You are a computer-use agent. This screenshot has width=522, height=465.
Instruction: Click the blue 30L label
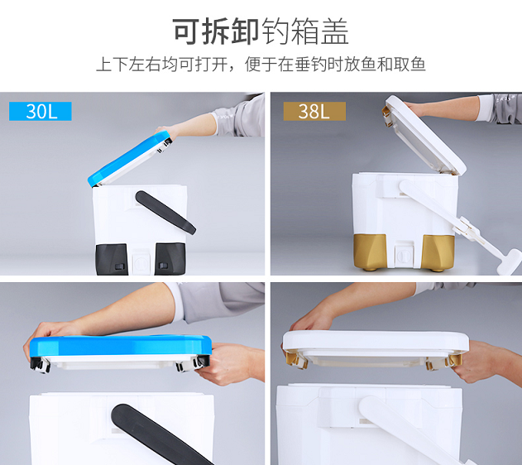point(41,111)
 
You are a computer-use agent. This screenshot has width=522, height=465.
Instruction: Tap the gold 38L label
point(314,111)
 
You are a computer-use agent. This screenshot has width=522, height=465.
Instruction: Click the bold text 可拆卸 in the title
point(216,31)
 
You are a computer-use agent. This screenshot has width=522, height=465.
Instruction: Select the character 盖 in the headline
point(334,31)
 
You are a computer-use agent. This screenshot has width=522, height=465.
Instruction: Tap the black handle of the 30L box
point(165,212)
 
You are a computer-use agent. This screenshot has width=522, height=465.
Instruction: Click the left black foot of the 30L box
point(112,260)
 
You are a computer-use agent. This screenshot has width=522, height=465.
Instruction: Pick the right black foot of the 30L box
point(170,259)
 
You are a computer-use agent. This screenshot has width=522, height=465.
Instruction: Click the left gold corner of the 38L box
point(370,252)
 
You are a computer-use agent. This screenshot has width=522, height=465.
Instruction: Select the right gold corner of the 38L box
point(438,252)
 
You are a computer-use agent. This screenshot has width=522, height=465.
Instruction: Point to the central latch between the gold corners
point(404,254)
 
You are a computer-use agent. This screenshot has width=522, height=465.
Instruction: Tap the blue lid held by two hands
point(121,345)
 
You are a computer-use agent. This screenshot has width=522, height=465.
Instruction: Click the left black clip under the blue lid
point(41,364)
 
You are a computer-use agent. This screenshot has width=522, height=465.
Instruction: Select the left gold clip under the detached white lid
point(296,359)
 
